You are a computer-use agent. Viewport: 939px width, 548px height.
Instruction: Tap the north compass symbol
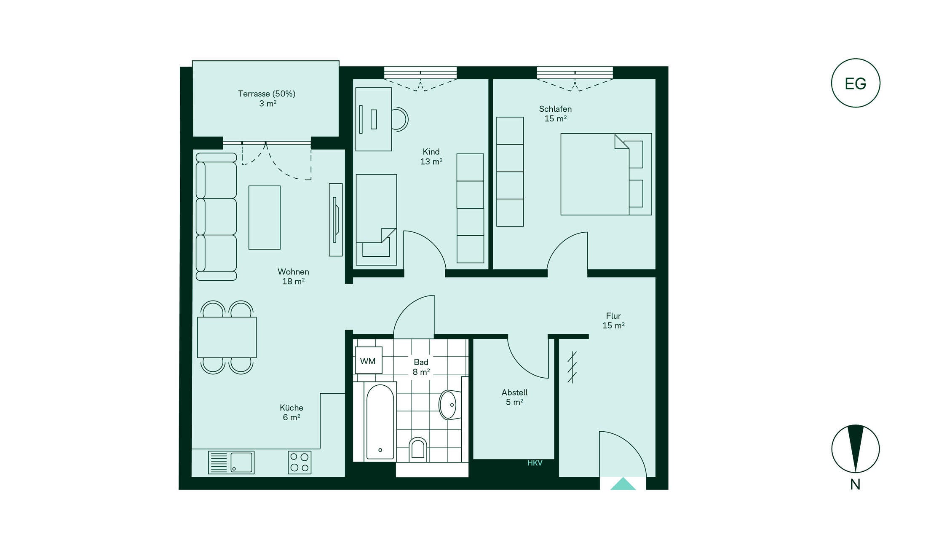tap(855, 449)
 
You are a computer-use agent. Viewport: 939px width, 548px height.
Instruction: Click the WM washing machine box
tap(369, 360)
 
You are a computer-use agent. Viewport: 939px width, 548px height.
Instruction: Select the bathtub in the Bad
tap(380, 422)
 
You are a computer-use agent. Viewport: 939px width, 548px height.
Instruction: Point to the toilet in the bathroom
tap(417, 449)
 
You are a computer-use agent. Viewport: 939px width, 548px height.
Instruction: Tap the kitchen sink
tap(231, 462)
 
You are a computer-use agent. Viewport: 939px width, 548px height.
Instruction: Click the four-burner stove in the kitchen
tap(300, 462)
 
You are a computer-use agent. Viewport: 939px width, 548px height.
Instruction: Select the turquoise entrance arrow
tap(623, 484)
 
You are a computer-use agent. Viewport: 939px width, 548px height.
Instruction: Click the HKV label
tap(535, 463)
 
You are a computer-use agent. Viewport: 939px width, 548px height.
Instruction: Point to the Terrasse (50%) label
tap(267, 94)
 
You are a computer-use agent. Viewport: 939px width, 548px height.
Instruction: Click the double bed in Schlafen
tap(606, 174)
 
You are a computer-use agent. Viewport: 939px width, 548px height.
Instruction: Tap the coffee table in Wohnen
tap(264, 218)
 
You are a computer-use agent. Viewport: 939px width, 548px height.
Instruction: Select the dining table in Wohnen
tap(227, 337)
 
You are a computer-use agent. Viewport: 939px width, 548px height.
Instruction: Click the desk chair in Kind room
tap(400, 119)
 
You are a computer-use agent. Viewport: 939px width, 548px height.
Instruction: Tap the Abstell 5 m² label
tap(514, 397)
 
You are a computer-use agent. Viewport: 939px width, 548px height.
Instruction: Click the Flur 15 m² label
tap(613, 320)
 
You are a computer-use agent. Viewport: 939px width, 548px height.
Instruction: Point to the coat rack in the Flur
tap(572, 367)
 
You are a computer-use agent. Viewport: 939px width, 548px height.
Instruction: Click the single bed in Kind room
tap(376, 220)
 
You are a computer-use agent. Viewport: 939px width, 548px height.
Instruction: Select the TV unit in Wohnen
tap(336, 220)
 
